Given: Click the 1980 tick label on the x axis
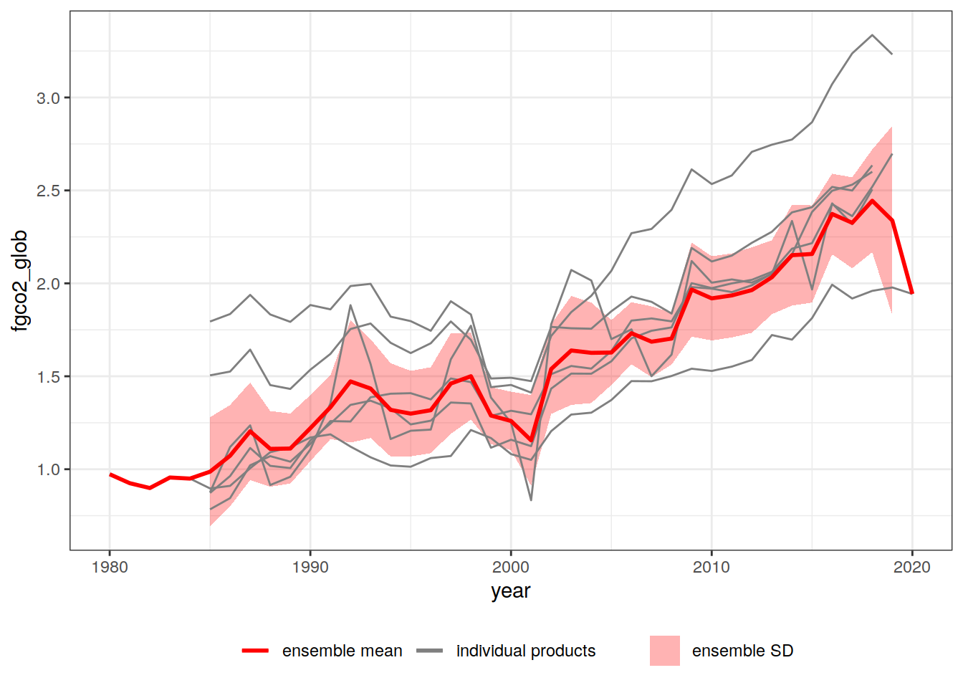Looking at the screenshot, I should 110,568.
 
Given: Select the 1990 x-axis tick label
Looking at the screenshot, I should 310,568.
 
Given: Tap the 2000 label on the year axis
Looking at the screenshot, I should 511,568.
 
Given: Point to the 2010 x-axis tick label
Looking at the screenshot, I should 712,568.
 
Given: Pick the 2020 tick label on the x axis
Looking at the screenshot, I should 912,568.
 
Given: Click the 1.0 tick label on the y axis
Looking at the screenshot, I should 49,470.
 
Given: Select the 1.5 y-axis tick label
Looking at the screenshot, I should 49,377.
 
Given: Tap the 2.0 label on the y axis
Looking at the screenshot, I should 49,284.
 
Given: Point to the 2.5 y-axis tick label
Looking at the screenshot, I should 49,191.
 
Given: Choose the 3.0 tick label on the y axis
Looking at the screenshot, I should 49,98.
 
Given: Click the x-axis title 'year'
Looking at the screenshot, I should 511,591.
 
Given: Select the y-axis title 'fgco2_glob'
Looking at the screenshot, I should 20,280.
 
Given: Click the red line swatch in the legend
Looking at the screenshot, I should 255,651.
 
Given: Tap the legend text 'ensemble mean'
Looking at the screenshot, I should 342,651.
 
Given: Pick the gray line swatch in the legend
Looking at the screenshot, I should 429,651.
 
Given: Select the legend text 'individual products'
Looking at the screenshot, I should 526,651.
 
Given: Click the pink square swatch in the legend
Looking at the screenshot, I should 665,651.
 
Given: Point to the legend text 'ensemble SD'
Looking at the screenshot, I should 742,651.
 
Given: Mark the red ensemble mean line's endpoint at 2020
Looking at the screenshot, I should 912,292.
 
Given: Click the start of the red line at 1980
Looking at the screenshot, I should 110,474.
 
